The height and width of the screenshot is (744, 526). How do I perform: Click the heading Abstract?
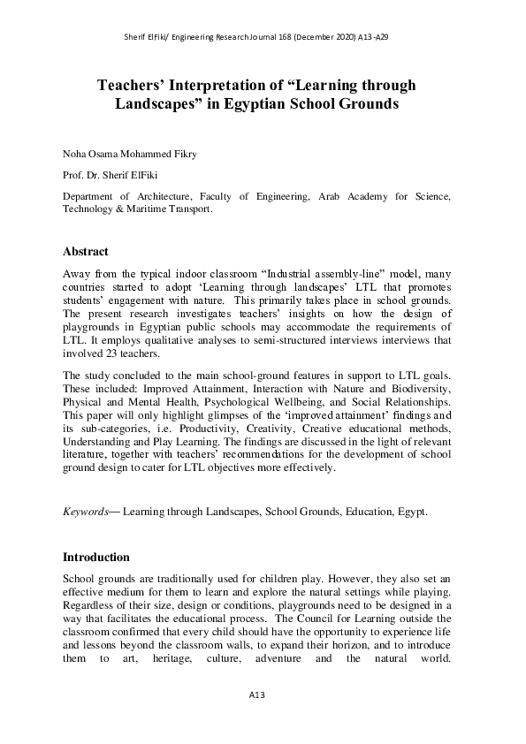[85, 251]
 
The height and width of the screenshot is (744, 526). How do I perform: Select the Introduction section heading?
[96, 558]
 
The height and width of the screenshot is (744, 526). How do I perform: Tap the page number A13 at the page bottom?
[256, 695]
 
